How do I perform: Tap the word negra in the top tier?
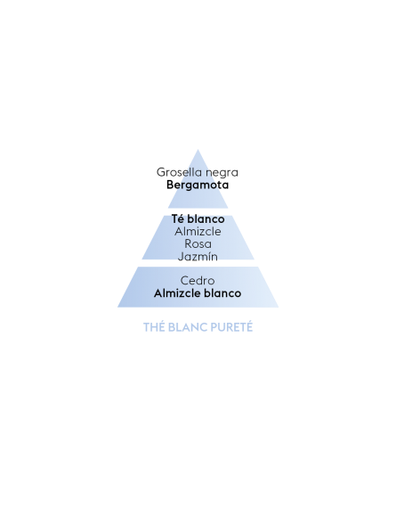[x=222, y=173]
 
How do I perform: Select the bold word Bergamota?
[x=198, y=185]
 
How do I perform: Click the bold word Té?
[x=178, y=218]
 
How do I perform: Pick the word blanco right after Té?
[x=206, y=218]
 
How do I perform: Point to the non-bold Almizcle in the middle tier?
[x=198, y=231]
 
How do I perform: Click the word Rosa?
[x=198, y=243]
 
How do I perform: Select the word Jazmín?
[x=198, y=257]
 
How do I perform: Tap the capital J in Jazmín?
[x=181, y=257]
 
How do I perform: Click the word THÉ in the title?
[x=154, y=327]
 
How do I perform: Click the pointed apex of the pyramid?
[x=198, y=150]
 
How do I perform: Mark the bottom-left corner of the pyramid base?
[x=117, y=307]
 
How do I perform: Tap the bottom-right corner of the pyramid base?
[x=279, y=307]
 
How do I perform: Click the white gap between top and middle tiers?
[x=198, y=211]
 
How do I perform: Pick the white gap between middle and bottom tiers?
[x=198, y=263]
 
